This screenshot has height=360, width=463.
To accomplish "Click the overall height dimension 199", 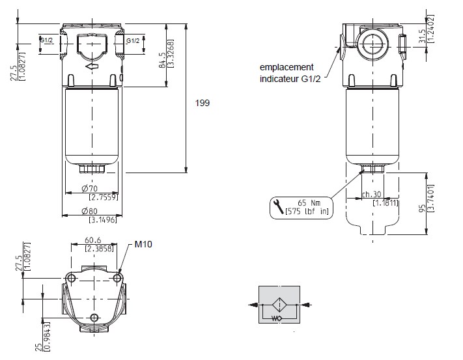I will [x=203, y=102].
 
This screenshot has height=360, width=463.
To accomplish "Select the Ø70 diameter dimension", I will [x=90, y=189].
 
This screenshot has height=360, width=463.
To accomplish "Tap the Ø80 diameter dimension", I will [x=90, y=211].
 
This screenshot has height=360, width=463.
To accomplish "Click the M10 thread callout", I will [x=143, y=245].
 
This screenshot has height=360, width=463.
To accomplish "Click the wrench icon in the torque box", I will [x=277, y=208].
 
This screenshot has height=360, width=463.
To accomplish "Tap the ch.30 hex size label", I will [x=372, y=194].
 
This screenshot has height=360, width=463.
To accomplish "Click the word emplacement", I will [x=287, y=67].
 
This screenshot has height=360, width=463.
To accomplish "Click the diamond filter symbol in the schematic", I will [x=280, y=303].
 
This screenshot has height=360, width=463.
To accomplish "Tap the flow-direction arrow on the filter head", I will [x=92, y=66].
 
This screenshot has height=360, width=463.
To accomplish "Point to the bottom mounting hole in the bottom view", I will [x=95, y=317].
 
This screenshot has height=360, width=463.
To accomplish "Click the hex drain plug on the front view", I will [x=91, y=170].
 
